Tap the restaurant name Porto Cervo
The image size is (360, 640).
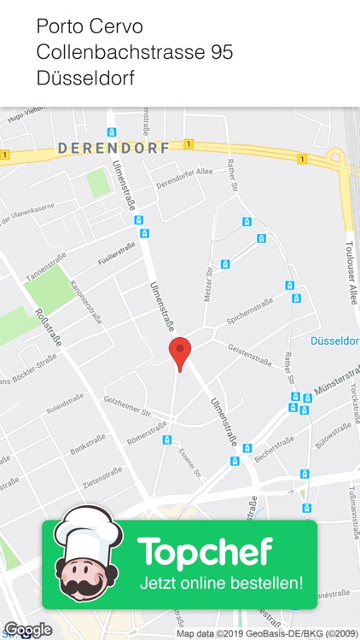(90, 26)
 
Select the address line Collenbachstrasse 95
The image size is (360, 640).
(135, 53)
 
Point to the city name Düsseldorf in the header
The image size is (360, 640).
(85, 79)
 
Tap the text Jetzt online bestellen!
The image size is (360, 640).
(222, 585)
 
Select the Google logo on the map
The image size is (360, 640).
(27, 630)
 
